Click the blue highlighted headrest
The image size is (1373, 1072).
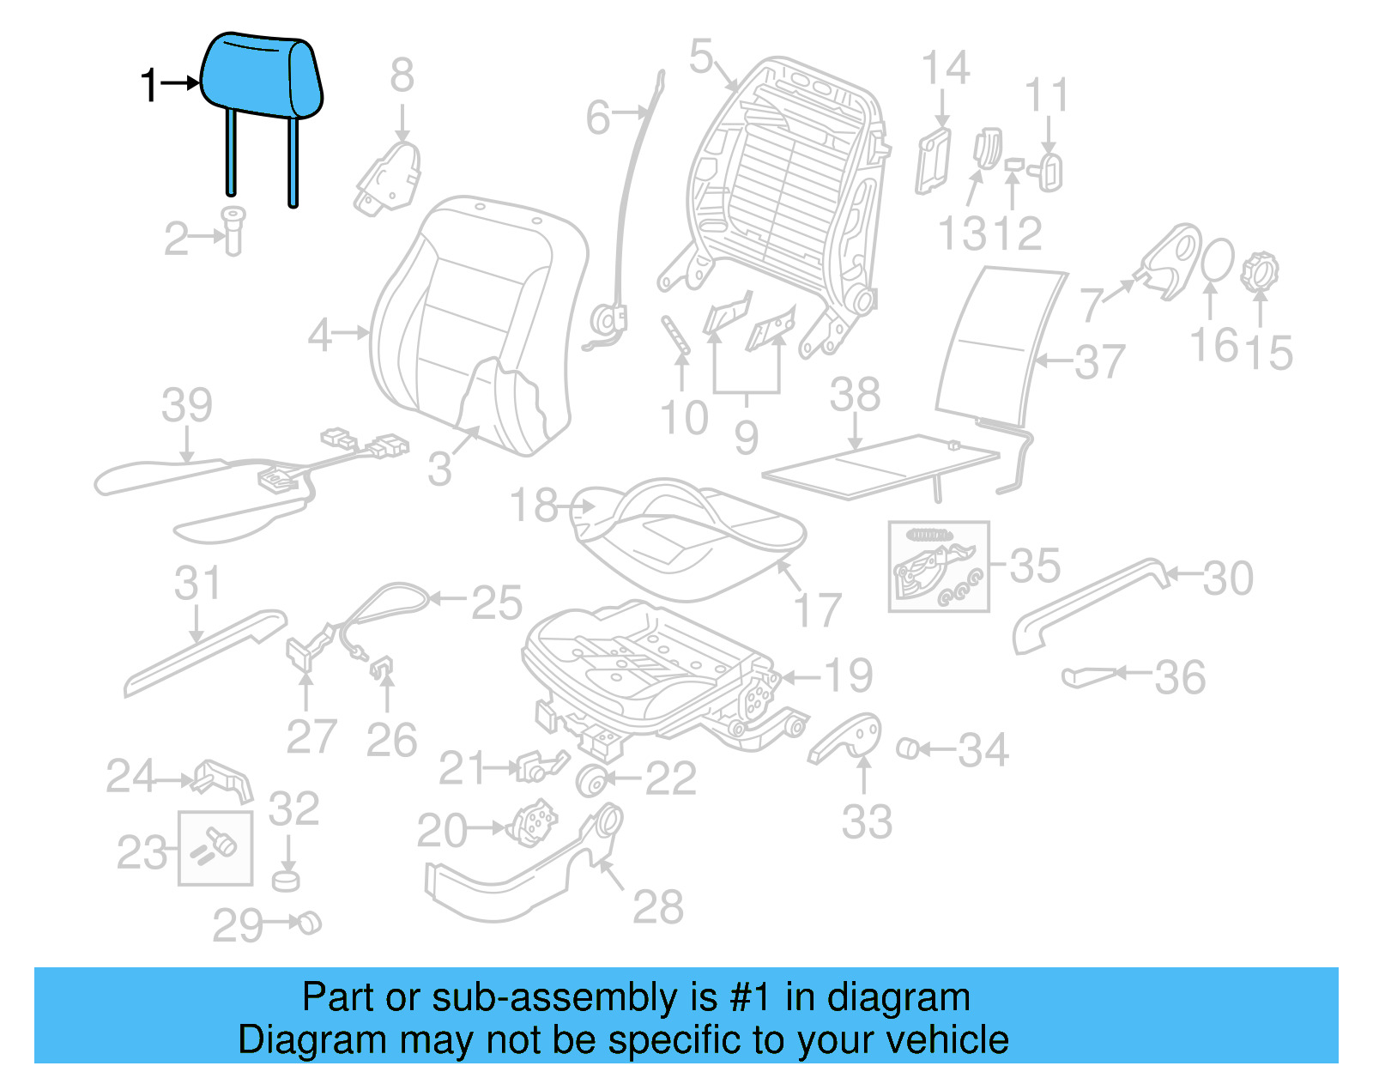262,77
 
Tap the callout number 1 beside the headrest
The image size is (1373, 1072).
149,86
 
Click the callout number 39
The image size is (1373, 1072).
187,405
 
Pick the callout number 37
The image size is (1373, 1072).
1099,362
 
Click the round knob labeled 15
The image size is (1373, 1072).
1259,270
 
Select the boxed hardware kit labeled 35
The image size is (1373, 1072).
938,566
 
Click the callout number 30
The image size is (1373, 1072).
1228,578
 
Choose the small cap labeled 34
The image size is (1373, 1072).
908,748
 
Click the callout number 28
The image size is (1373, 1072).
658,907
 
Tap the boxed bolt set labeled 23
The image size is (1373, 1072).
215,848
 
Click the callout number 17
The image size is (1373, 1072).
818,611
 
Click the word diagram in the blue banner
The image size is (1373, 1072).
898,998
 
